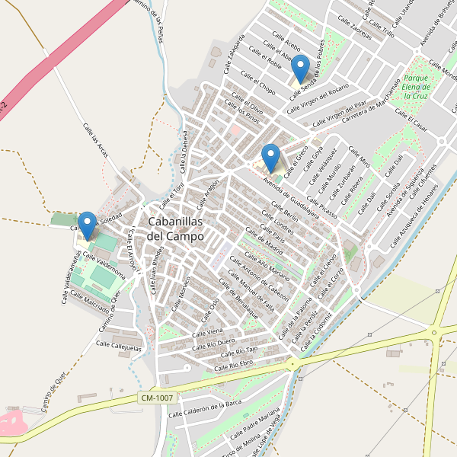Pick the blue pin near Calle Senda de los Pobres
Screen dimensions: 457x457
pos(301,69)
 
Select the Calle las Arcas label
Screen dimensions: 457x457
pos(96,142)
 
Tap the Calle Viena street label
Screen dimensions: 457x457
pos(207,333)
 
